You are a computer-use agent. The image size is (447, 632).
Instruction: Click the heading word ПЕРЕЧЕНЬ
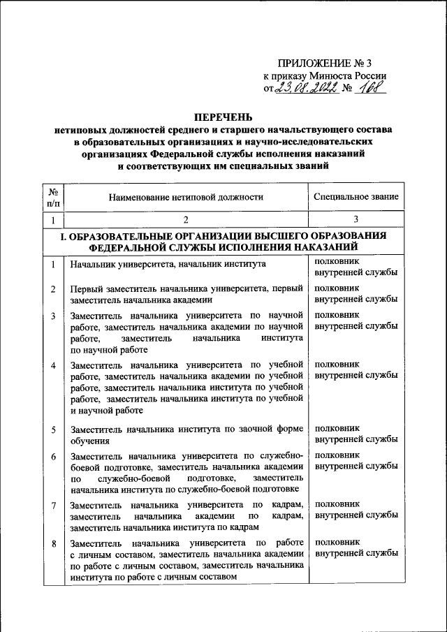(223, 117)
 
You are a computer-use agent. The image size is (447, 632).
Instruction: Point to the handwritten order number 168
(368, 88)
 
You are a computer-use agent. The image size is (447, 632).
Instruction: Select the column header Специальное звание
(356, 198)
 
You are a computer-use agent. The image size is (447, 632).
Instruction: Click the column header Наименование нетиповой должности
(186, 198)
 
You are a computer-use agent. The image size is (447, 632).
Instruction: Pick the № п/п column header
(53, 197)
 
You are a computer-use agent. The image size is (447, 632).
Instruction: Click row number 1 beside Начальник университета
(53, 265)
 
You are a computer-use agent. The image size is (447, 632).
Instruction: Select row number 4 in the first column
(53, 366)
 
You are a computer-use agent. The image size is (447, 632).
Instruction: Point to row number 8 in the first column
(53, 542)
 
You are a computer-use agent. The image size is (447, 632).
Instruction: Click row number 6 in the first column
(53, 455)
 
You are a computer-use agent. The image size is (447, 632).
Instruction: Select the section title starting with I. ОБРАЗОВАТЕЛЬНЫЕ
(223, 241)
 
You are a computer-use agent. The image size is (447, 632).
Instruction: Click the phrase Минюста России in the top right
(353, 75)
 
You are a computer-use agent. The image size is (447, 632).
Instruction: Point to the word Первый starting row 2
(85, 288)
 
